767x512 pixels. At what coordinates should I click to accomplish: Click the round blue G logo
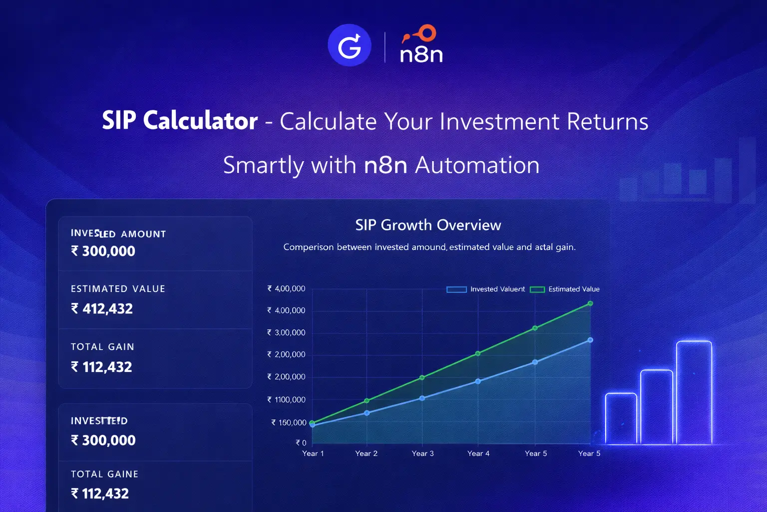(x=349, y=45)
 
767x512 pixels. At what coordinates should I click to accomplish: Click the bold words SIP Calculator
(x=180, y=121)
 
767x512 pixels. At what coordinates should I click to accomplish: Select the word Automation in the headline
(x=477, y=165)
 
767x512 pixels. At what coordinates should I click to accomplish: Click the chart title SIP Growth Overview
(x=428, y=225)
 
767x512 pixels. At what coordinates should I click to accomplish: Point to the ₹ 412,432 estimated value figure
(x=102, y=309)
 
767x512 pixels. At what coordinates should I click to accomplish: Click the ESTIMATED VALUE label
(x=118, y=289)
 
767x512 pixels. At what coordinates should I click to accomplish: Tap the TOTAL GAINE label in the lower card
(x=104, y=474)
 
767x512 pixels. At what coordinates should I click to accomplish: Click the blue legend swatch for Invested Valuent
(x=456, y=289)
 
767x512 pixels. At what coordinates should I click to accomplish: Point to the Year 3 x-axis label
(x=422, y=453)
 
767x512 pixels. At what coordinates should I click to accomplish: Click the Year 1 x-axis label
(x=313, y=453)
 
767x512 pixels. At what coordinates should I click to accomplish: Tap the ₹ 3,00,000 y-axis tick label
(x=286, y=332)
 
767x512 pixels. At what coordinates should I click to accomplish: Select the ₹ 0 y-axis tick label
(x=301, y=443)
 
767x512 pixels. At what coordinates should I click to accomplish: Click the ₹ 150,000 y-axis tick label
(x=289, y=422)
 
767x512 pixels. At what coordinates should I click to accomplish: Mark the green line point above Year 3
(x=422, y=377)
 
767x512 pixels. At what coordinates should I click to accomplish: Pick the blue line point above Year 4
(x=478, y=381)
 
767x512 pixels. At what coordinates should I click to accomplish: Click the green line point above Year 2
(x=367, y=400)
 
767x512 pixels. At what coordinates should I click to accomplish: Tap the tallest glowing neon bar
(x=694, y=392)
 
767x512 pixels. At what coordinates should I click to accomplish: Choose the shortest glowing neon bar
(x=621, y=418)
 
